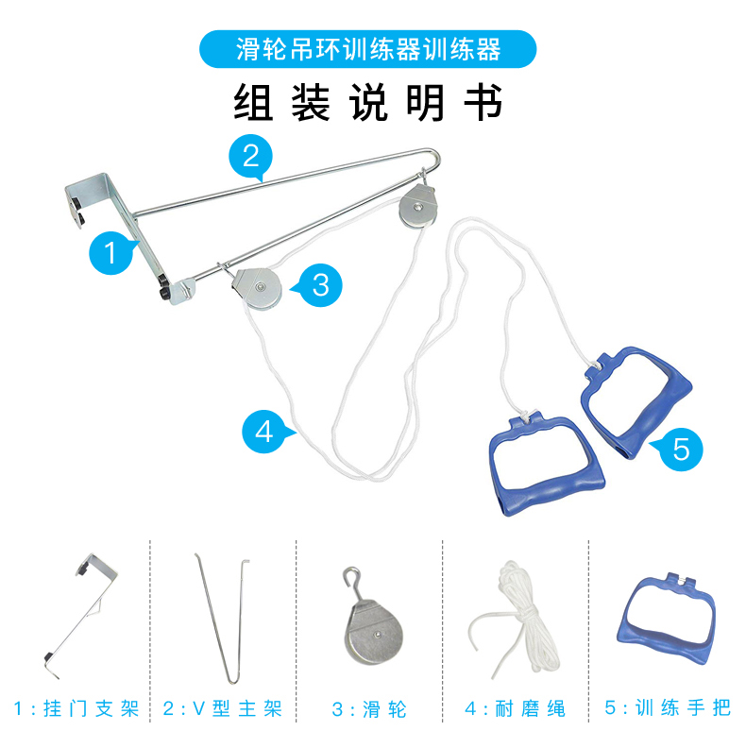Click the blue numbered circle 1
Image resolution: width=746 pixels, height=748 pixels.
pos(110,252)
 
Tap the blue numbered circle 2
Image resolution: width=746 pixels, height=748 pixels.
pos(250,157)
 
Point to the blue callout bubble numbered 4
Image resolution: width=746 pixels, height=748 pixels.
pos(264,432)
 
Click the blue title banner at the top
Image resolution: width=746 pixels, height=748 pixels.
pos(367,49)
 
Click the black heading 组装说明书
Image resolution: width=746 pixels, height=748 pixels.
pos(367,103)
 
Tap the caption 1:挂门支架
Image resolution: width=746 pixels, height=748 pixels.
pos(76,708)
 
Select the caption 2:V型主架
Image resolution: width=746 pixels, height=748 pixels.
pos(222,708)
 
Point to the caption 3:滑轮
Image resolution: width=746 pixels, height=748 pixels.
pos(369,709)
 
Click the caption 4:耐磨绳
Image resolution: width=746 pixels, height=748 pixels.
pos(516,708)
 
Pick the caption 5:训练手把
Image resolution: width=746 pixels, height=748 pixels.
pos(668,707)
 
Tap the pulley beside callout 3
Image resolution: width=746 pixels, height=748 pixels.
pos(257,289)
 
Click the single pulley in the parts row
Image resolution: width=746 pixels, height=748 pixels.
pos(373,630)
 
